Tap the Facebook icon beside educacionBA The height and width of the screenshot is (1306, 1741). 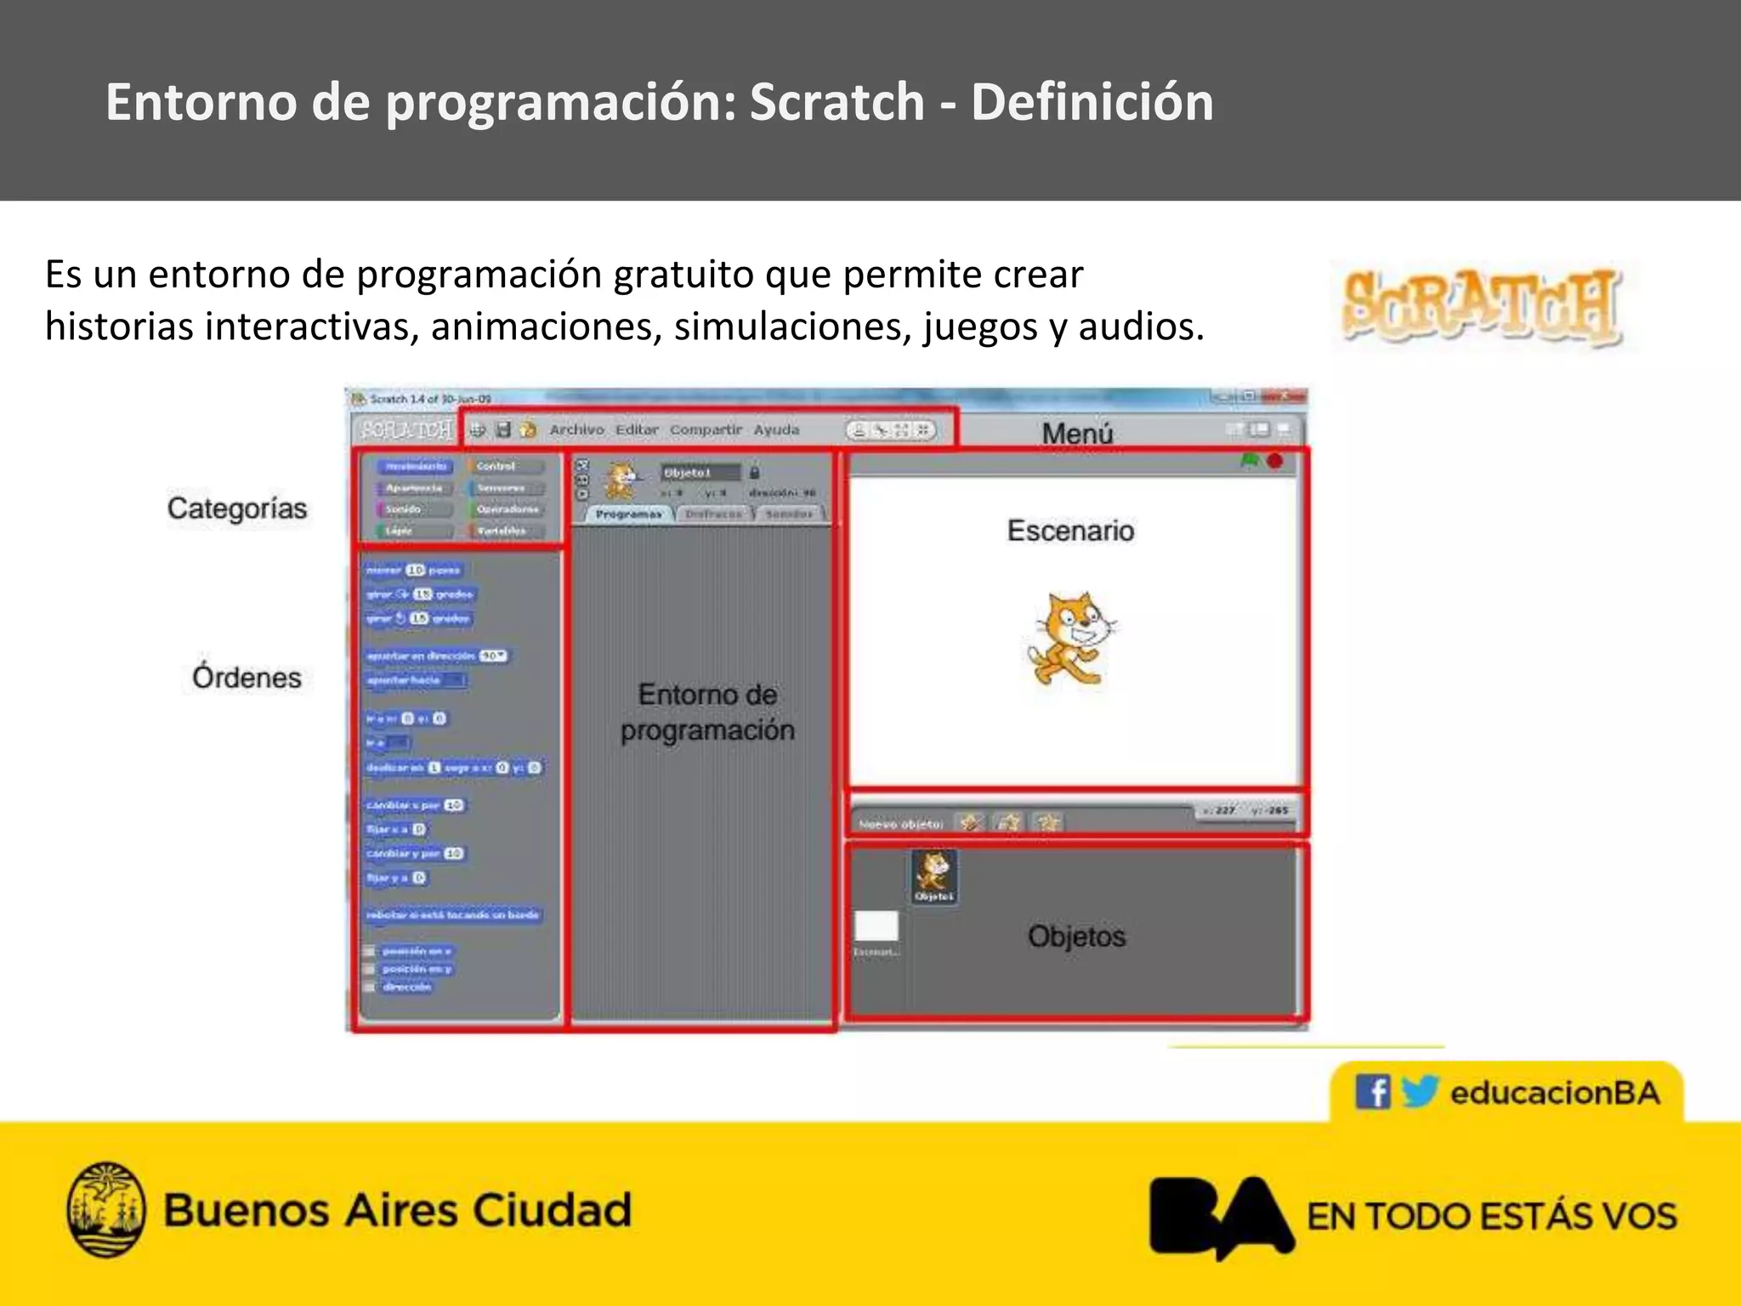pyautogui.click(x=1372, y=1091)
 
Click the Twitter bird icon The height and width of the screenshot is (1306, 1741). pyautogui.click(x=1419, y=1091)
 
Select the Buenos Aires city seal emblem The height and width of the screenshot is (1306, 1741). pyautogui.click(x=105, y=1209)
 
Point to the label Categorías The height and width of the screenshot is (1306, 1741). pyautogui.click(x=236, y=508)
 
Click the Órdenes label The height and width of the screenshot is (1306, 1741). pyautogui.click(x=247, y=677)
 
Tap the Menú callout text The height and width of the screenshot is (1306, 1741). pyautogui.click(x=1077, y=433)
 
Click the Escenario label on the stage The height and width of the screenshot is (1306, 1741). pyautogui.click(x=1070, y=530)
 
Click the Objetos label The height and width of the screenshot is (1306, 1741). pyautogui.click(x=1076, y=936)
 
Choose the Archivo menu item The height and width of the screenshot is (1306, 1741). pyautogui.click(x=576, y=429)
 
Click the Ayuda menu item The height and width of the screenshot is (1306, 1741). pyautogui.click(x=776, y=429)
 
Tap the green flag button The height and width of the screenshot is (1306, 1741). pyautogui.click(x=1249, y=461)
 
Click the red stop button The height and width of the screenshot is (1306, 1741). pyautogui.click(x=1274, y=461)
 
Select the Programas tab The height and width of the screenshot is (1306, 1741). pyautogui.click(x=628, y=514)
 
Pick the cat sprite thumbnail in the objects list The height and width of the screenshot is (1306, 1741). pyautogui.click(x=934, y=875)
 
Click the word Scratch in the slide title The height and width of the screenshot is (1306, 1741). pyautogui.click(x=836, y=102)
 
